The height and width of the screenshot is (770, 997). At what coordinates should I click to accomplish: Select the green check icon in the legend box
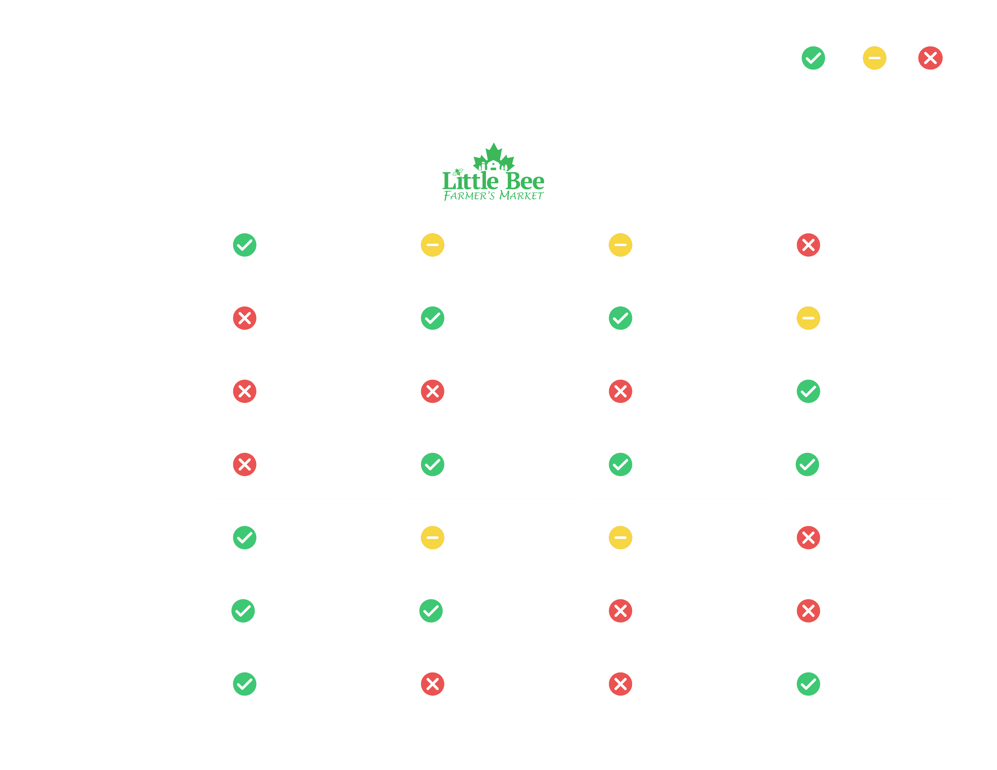pos(813,58)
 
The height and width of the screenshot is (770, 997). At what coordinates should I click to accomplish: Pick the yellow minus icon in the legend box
pos(874,58)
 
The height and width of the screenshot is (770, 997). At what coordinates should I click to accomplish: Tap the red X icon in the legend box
pos(930,58)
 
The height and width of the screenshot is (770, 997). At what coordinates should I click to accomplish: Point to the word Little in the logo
pos(470,181)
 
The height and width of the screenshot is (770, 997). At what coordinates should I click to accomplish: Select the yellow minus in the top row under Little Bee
pos(432,245)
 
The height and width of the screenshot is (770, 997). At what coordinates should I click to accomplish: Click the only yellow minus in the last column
pos(808,318)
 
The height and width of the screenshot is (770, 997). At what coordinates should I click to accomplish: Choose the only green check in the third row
pos(808,391)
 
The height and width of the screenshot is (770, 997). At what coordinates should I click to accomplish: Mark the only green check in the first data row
pos(245,245)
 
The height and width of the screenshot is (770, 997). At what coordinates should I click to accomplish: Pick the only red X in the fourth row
pos(245,464)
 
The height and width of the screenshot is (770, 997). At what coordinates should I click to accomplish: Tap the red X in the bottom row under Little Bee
pos(432,684)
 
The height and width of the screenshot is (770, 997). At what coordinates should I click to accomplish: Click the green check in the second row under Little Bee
pos(432,318)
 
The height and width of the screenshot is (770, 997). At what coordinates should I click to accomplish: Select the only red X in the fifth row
pos(808,537)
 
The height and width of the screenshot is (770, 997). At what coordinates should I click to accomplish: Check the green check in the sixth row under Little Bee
pos(431,611)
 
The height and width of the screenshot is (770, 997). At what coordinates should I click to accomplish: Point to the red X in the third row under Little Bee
pos(432,391)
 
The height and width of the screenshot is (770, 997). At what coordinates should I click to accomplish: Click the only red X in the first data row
pos(808,245)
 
